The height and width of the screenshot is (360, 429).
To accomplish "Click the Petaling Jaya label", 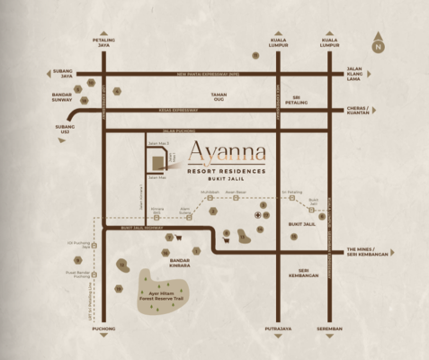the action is tap(104, 42).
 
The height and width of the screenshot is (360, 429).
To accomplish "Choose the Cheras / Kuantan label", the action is tap(360, 113).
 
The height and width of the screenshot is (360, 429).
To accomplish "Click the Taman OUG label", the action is tap(219, 97).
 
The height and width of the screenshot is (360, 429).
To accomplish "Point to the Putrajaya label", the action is tap(279, 330).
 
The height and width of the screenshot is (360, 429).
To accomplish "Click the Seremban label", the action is tap(330, 330).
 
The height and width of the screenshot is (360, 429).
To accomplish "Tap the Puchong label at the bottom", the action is tap(104, 330).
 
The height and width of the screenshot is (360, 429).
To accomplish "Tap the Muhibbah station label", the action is tap(210, 193).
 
